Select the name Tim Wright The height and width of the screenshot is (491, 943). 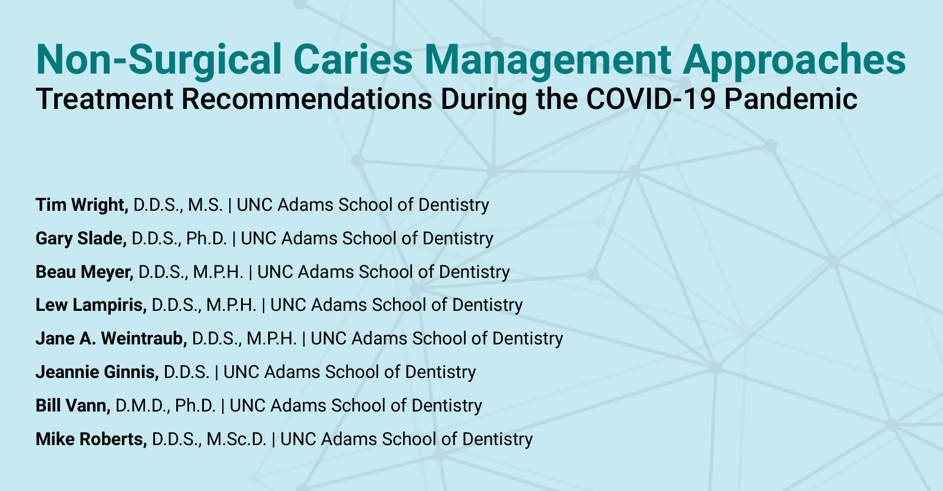[81, 205]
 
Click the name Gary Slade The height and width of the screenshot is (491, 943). [80, 238]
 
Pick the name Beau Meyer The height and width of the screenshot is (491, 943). [84, 272]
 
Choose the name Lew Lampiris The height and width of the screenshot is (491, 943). [91, 305]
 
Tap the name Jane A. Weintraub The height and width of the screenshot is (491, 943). [111, 339]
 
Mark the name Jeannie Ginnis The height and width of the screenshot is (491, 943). [97, 372]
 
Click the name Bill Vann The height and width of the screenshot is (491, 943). [72, 406]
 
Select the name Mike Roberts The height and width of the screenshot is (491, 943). [91, 439]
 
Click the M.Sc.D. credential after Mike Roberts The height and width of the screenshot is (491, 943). [237, 439]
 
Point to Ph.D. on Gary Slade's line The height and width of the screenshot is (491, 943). [206, 238]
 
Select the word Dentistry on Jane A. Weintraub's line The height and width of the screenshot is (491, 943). [527, 339]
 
